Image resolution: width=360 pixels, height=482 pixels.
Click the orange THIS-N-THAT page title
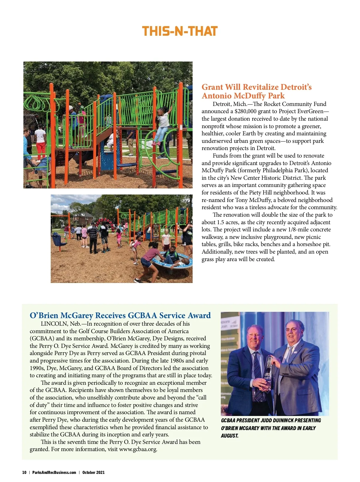tap(179, 32)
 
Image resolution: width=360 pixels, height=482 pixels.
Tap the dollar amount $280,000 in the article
tap(245, 111)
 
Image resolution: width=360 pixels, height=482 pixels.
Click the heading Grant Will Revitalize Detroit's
tap(256, 87)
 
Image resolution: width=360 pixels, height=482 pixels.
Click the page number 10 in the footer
tap(24, 472)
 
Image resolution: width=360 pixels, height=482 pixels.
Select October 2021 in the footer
tap(94, 472)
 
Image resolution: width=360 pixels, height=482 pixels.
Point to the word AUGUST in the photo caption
tap(229, 436)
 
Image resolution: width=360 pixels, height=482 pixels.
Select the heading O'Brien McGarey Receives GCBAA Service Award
tap(120, 315)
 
